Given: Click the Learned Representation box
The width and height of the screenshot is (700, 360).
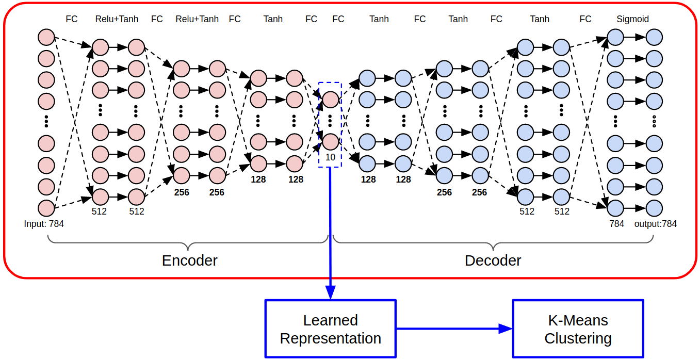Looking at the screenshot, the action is point(330,329).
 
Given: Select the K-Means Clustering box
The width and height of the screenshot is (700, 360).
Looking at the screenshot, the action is point(578,329).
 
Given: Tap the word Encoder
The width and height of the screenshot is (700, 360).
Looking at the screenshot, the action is point(189,260).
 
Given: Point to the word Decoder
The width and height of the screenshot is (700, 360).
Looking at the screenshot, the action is point(493,260).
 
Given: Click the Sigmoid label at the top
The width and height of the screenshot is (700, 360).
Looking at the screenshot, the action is point(632,19).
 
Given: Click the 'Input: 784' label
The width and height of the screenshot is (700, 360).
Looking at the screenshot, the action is point(44,224).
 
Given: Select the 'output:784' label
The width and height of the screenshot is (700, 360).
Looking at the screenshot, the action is point(655,224).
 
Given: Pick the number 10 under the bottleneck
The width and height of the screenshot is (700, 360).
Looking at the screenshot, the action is point(330,157).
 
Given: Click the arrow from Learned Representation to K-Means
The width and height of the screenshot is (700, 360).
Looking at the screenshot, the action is point(454,329).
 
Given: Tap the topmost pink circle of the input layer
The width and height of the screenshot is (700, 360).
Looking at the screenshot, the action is point(46,37).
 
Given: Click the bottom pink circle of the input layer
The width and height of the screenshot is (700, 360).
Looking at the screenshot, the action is point(46,208).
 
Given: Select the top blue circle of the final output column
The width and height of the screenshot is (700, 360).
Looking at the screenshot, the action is point(655,37).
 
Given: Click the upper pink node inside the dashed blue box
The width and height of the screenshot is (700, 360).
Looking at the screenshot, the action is point(330,100).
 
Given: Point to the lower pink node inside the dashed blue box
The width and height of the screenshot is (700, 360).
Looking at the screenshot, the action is point(330,142).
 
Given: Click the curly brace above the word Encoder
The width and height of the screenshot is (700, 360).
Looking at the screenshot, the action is point(188,243).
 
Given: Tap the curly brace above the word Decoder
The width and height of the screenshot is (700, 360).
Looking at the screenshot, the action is point(493,243).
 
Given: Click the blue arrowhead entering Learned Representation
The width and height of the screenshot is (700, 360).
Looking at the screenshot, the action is point(330,292).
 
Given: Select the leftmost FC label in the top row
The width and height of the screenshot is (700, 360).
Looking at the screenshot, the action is point(72,19).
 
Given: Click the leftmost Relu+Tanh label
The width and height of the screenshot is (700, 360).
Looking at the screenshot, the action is point(117,19).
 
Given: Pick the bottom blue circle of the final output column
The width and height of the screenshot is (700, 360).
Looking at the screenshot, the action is point(655,208).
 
